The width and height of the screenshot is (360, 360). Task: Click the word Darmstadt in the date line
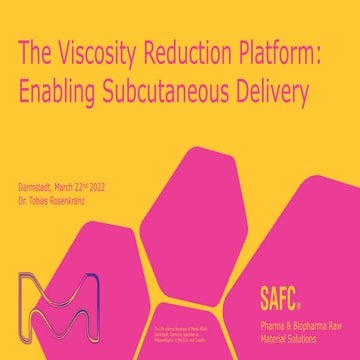(x=38, y=186)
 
